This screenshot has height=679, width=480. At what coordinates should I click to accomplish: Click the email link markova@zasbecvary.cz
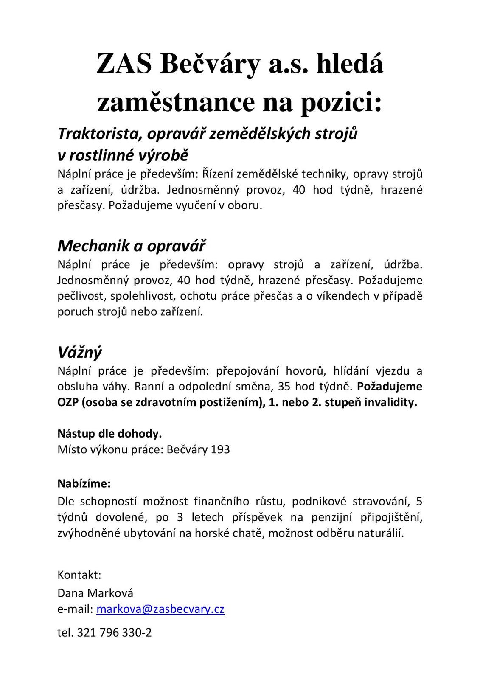(160, 609)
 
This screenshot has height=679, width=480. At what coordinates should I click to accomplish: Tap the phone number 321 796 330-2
(114, 633)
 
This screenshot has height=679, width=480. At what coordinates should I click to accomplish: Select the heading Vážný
(80, 352)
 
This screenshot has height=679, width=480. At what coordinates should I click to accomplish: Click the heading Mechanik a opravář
(132, 246)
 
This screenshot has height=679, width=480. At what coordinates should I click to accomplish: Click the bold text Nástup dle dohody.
(109, 434)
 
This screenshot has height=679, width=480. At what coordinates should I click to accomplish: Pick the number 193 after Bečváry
(220, 449)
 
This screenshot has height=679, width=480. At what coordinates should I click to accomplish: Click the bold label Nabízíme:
(84, 483)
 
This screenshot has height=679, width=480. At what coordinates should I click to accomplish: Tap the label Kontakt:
(79, 575)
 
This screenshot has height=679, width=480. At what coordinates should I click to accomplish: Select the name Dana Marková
(95, 593)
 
